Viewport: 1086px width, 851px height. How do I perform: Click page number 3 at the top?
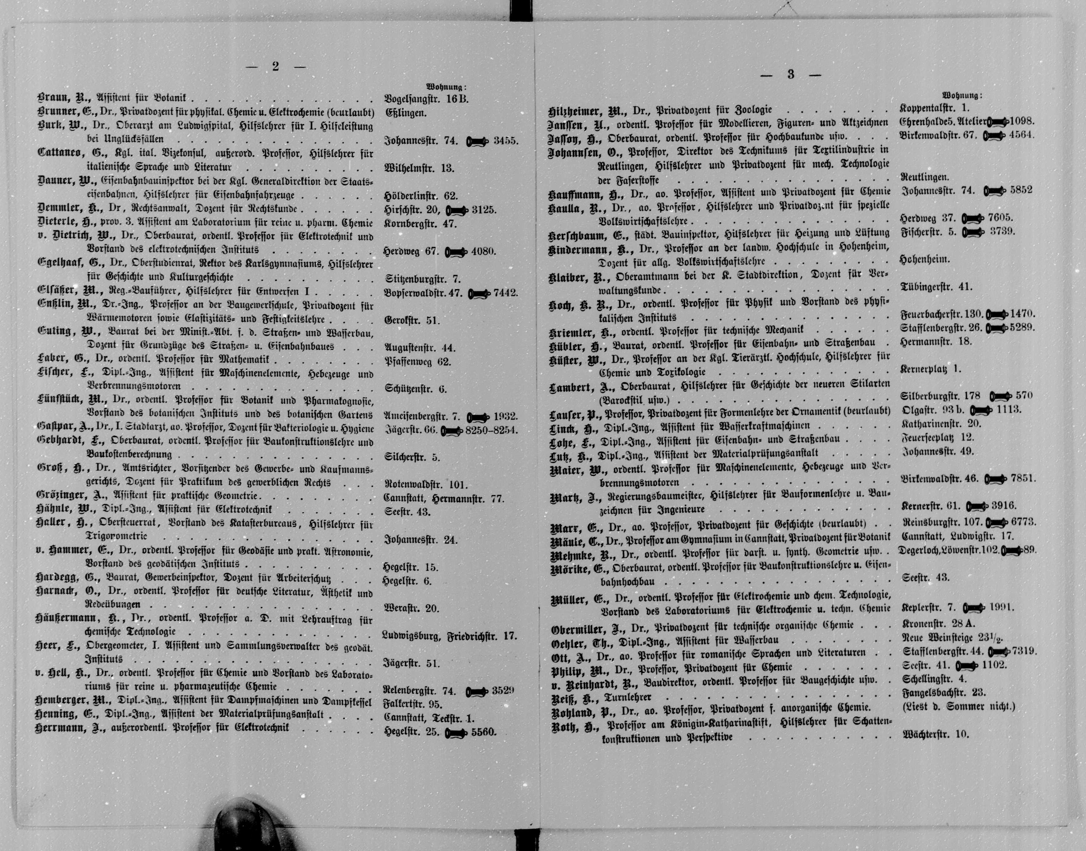coord(790,75)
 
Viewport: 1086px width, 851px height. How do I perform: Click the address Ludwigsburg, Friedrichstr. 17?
coord(450,636)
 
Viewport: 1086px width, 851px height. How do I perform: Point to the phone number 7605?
coord(1000,218)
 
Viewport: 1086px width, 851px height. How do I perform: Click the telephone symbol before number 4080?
coord(455,252)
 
